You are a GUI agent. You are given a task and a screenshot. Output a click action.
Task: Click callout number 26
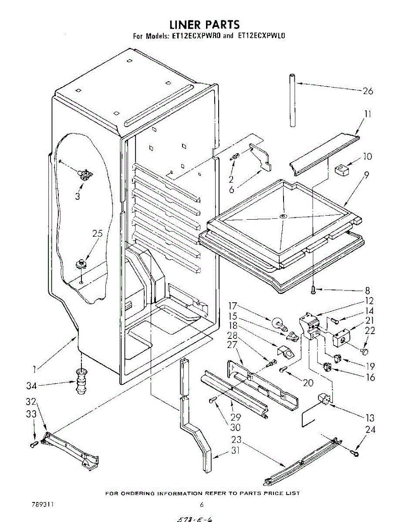click(368, 91)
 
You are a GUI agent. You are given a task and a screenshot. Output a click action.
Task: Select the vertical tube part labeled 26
click(291, 100)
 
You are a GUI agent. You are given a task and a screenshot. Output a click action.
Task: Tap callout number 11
click(368, 114)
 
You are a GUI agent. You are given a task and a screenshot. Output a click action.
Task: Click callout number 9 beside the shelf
click(367, 175)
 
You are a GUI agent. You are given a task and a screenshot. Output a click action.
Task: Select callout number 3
click(78, 196)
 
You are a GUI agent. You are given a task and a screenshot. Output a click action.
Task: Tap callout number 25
click(97, 233)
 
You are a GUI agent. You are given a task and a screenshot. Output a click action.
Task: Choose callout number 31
click(235, 451)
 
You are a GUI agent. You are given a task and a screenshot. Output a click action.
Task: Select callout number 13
click(370, 418)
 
